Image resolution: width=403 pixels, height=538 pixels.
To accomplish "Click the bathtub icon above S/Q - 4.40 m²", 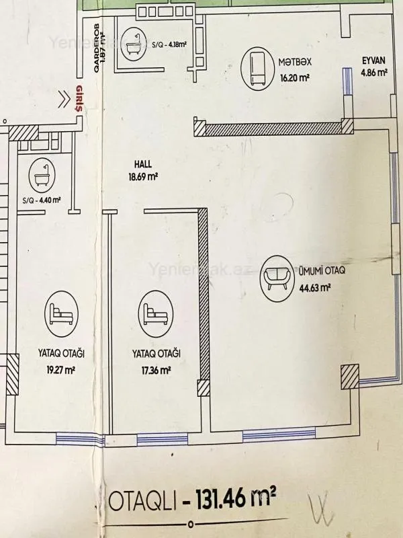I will point(37,178).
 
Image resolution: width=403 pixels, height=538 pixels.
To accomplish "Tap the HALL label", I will point(142,163).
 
